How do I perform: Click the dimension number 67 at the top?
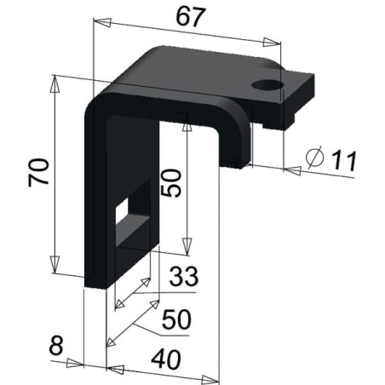click(190, 17)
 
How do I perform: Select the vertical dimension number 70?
click(38, 172)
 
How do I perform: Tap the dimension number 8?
click(56, 346)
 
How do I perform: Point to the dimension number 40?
click(166, 359)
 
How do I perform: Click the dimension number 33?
click(184, 276)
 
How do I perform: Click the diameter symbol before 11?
click(315, 157)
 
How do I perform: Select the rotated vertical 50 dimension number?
click(170, 182)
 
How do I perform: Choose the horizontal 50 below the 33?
click(176, 319)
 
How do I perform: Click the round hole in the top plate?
click(267, 85)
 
